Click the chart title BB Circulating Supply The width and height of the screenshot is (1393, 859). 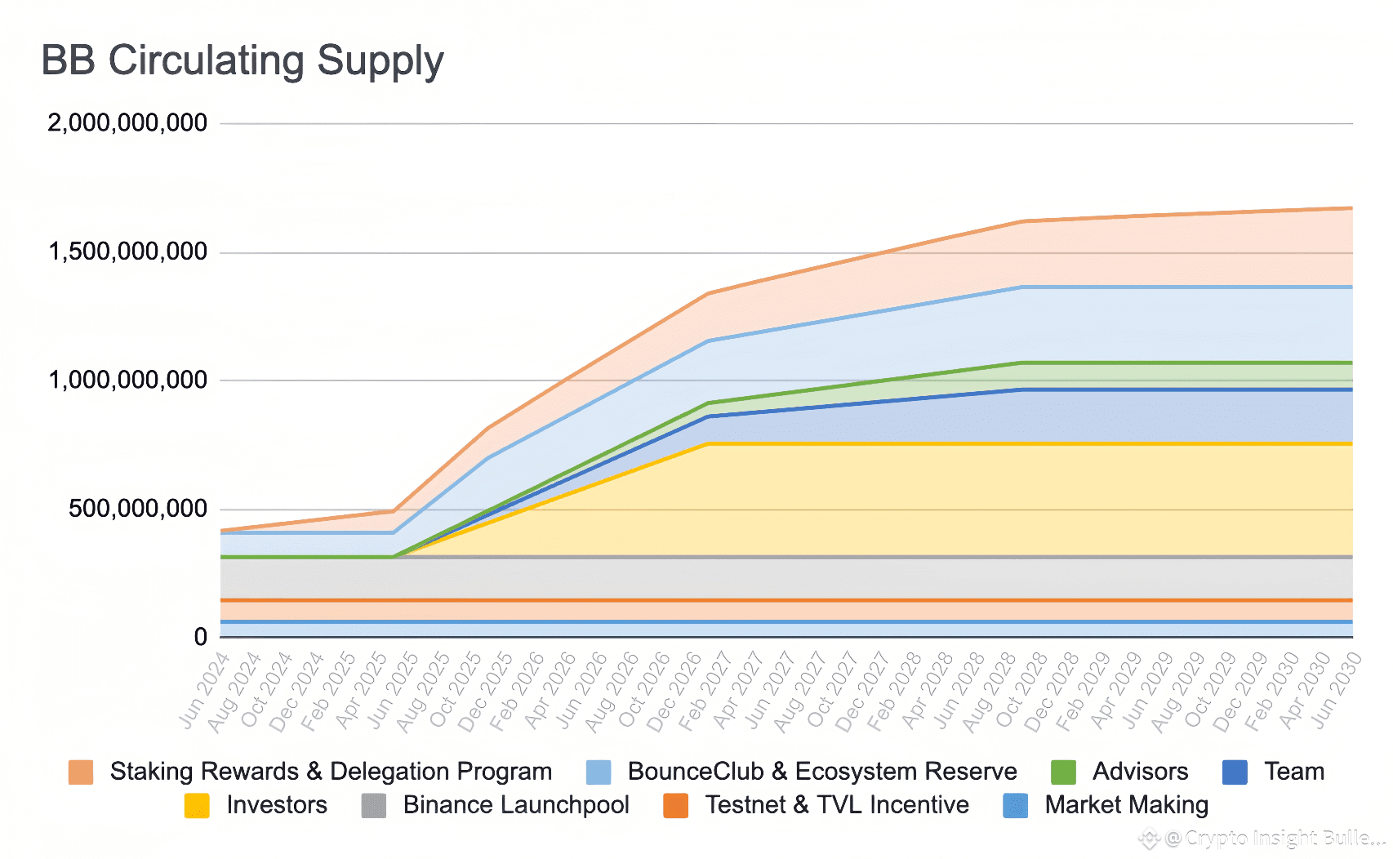pos(243,61)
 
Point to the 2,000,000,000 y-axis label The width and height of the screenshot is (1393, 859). pos(127,123)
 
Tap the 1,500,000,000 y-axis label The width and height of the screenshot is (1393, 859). pos(127,251)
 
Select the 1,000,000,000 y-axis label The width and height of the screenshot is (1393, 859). pos(127,380)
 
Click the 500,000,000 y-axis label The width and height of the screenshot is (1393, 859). pos(138,509)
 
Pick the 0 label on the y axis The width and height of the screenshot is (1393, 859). pos(200,637)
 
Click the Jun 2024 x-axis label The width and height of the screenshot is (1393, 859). pos(204,690)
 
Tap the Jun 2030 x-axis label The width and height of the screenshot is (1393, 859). pos(1336,690)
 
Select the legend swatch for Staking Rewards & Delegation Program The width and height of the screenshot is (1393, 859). pos(81,772)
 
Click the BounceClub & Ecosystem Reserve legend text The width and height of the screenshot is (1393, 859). pos(821,772)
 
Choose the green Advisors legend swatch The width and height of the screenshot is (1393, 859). pos(1063,772)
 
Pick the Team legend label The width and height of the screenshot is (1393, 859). pos(1294,772)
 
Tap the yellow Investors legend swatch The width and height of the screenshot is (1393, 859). pos(197,805)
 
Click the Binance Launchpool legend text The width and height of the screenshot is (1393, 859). pos(516,805)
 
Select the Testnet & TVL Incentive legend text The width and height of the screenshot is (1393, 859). pos(837,805)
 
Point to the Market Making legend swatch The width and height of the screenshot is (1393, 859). pos(1015,805)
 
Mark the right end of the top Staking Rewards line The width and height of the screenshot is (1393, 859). pos(1351,208)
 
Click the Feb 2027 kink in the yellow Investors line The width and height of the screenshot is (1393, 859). pos(709,443)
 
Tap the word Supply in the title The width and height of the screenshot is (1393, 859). pos(381,61)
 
